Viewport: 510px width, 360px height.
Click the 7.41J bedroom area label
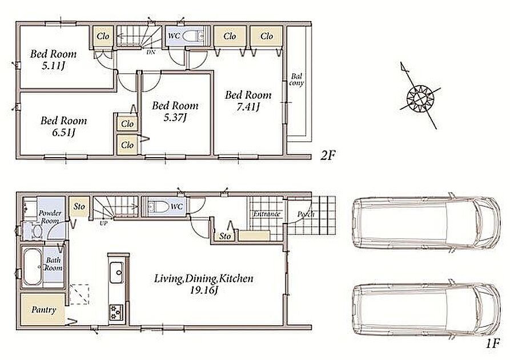click(x=248, y=107)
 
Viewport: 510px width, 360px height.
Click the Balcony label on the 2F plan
click(x=296, y=79)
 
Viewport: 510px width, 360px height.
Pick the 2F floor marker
click(x=327, y=155)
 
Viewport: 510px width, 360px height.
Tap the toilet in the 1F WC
click(x=158, y=206)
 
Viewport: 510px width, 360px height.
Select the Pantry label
click(x=43, y=310)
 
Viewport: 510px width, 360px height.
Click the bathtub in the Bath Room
click(x=33, y=267)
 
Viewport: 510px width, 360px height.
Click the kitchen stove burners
click(x=116, y=312)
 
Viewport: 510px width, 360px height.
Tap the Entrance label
click(x=267, y=214)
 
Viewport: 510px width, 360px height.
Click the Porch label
click(x=306, y=214)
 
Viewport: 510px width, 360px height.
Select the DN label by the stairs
click(x=151, y=52)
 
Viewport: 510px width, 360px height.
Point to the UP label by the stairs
click(x=103, y=224)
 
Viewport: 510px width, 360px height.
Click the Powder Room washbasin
click(x=37, y=231)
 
